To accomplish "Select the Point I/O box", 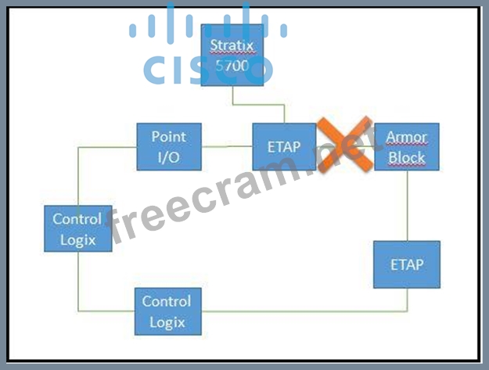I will coord(168,146).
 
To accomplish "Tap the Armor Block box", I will coord(406,146).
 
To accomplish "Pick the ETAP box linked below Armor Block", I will coord(406,264).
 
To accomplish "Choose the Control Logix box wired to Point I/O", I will coord(77,229).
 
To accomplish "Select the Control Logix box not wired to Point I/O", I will coord(166,311).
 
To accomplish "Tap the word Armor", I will coord(406,137).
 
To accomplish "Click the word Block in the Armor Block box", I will coord(406,156).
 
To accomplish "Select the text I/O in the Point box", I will coord(168,156).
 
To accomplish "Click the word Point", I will coord(168,137).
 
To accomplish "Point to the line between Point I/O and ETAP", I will coord(227,145).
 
